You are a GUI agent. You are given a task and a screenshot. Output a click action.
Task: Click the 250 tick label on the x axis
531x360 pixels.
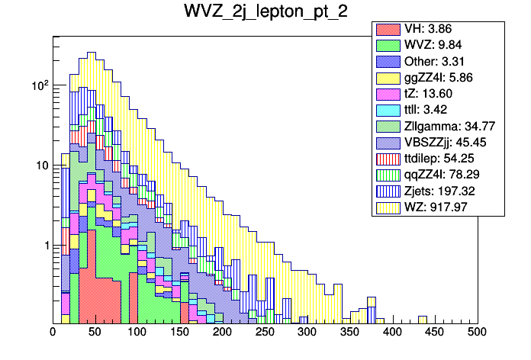pos(265,333)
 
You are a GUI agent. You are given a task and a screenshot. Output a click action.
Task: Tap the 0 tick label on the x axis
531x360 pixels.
pos(53,333)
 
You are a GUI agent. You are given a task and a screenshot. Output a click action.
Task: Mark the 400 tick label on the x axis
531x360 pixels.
pos(392,333)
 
